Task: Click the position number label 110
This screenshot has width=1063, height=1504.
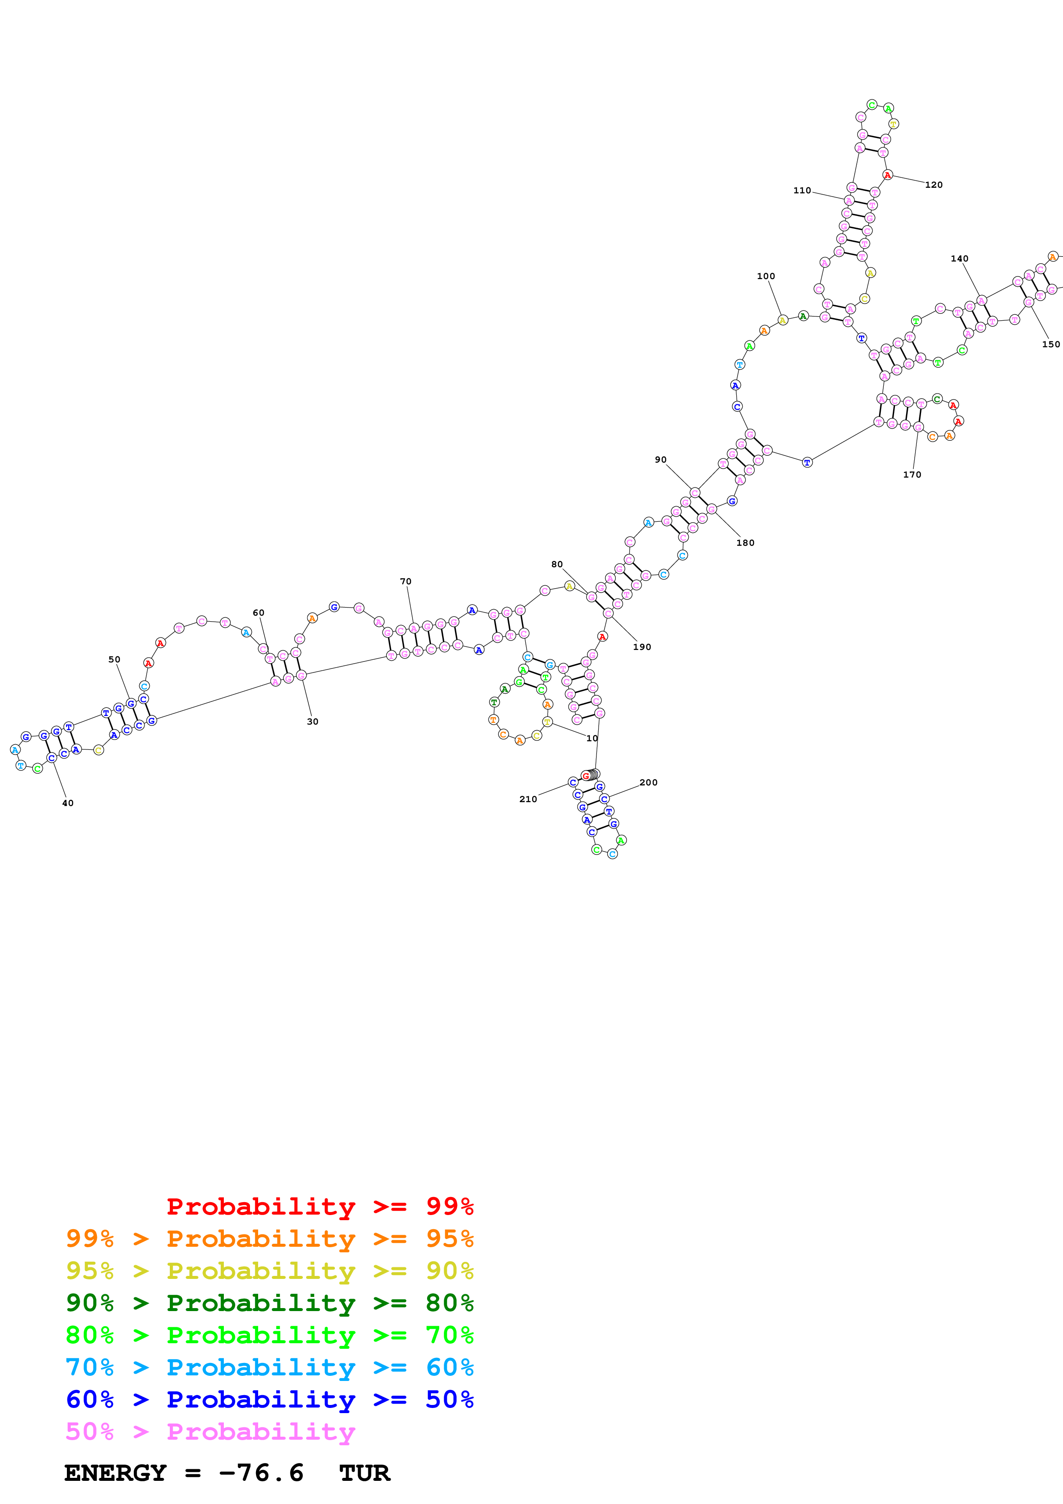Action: (x=802, y=191)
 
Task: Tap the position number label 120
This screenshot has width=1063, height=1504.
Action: (x=934, y=185)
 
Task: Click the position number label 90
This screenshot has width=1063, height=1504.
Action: (x=660, y=460)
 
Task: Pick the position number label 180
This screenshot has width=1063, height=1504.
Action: (x=745, y=543)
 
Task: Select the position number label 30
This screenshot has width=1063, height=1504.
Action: (x=313, y=722)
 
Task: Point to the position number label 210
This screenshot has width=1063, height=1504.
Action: (x=528, y=799)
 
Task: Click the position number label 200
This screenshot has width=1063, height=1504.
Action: (x=648, y=783)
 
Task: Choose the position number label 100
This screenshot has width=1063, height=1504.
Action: (x=766, y=277)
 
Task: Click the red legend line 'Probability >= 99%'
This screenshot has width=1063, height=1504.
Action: (x=319, y=1206)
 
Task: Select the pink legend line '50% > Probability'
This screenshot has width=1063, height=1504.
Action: (x=210, y=1432)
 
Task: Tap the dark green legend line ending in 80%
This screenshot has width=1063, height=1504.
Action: (x=269, y=1303)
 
